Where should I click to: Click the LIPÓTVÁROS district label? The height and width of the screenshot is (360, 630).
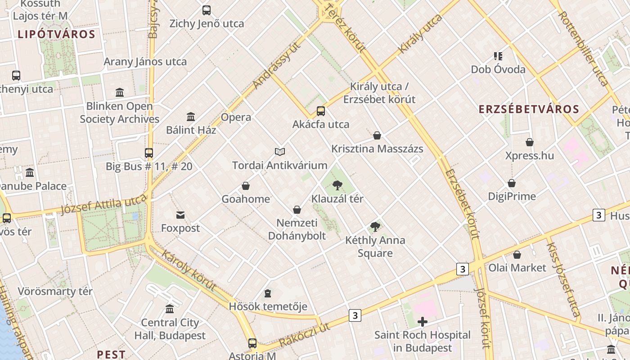click(x=57, y=35)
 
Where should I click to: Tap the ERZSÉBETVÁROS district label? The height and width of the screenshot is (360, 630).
click(x=528, y=109)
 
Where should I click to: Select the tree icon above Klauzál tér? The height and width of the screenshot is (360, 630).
click(x=337, y=185)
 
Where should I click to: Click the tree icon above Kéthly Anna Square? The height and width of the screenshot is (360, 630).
click(x=375, y=227)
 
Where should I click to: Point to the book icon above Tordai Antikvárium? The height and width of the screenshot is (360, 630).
click(x=280, y=152)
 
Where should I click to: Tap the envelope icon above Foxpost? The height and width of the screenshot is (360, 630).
click(x=180, y=215)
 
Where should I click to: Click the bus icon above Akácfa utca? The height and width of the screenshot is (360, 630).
click(x=321, y=111)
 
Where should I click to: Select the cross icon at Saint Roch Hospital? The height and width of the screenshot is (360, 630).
click(x=423, y=321)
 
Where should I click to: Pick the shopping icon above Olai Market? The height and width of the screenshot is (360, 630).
click(x=517, y=255)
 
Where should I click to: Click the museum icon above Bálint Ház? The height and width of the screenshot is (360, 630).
click(x=191, y=117)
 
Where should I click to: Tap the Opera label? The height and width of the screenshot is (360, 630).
click(x=236, y=117)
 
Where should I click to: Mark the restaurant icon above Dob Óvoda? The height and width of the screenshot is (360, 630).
click(x=498, y=56)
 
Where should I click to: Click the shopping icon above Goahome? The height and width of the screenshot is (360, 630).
click(x=246, y=186)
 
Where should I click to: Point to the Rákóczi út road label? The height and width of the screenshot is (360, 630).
click(x=304, y=335)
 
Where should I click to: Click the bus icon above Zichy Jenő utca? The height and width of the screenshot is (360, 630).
click(x=207, y=10)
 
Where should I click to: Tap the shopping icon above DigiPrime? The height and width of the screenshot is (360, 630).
click(x=512, y=183)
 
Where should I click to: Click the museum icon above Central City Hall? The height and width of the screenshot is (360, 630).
click(x=170, y=309)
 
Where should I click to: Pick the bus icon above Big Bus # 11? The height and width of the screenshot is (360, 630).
click(x=149, y=153)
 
